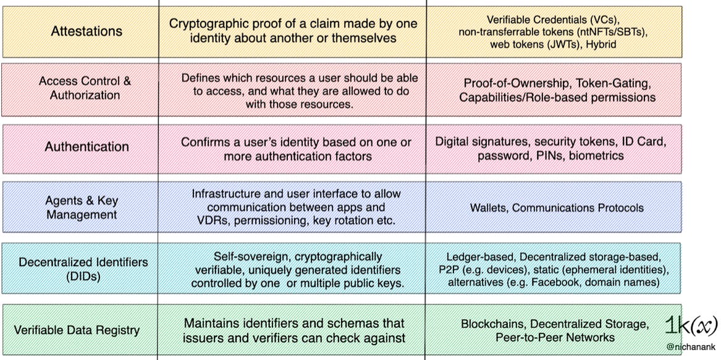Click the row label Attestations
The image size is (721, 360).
[86, 31]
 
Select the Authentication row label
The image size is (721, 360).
[86, 147]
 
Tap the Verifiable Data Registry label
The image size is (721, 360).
[77, 330]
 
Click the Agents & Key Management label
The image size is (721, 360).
[82, 207]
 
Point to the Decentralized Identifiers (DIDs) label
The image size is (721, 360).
[83, 269]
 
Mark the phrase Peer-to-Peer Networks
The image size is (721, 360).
[555, 338]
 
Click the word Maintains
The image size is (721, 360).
[212, 323]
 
